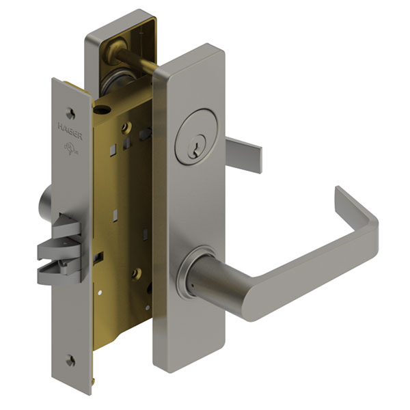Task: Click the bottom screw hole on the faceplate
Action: pyautogui.click(x=72, y=360)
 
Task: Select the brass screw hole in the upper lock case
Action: pyautogui.click(x=126, y=127)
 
